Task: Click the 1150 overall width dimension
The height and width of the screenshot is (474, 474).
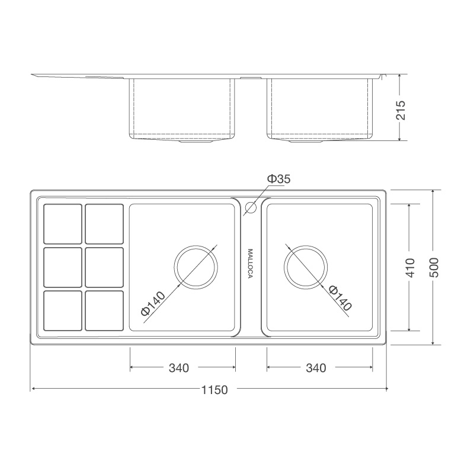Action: coord(214,390)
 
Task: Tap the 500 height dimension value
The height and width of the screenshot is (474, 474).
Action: coord(434,268)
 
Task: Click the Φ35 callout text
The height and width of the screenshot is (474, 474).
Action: coord(278,178)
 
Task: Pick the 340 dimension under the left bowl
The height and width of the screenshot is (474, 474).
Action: coord(178,368)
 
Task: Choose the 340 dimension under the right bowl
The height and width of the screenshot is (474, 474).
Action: coord(316,368)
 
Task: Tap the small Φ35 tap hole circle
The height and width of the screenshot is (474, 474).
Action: coord(250,207)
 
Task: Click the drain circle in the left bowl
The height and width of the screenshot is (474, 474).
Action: coord(196,267)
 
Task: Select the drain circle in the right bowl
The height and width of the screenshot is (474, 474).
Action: coord(306,267)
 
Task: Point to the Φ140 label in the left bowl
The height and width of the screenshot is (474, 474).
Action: coord(153,303)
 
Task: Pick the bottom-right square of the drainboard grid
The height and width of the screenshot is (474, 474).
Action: coord(104,310)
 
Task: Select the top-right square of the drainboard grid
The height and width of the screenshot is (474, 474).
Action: coord(104,224)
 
